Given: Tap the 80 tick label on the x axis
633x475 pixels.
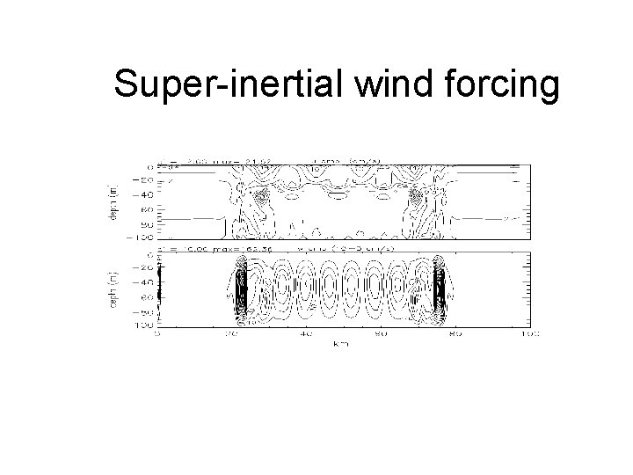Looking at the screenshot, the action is point(456,334).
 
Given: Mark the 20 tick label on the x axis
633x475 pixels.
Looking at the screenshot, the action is point(232,334).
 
